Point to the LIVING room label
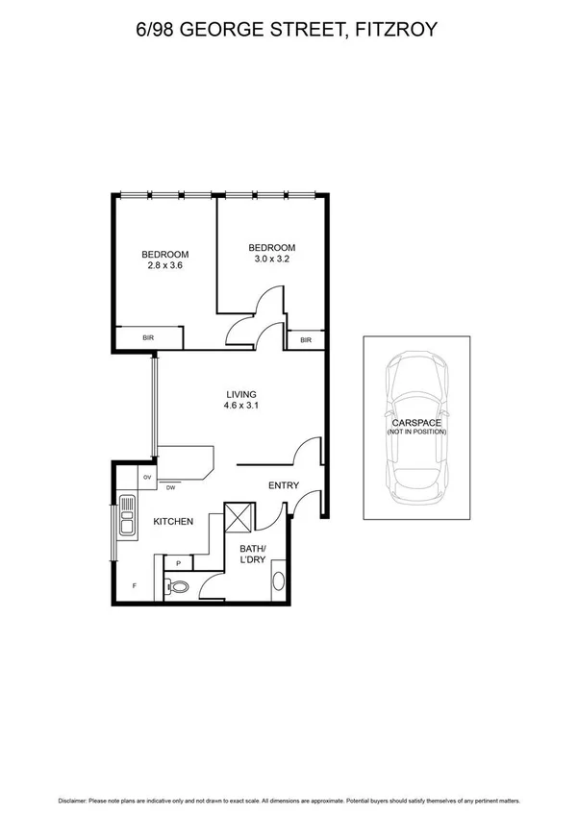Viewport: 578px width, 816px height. point(240,394)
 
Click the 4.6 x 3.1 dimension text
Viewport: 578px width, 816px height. point(240,406)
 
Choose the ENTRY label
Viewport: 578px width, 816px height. point(284,485)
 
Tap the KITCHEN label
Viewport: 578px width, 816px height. point(174,521)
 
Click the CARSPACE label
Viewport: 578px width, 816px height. point(416,423)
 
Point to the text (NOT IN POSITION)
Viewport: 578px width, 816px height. point(416,433)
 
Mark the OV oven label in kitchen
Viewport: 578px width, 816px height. point(147,478)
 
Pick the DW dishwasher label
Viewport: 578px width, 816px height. point(170,488)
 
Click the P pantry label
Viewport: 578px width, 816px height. point(178,564)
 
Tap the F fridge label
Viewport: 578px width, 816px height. point(134,584)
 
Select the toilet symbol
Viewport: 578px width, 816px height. point(178,584)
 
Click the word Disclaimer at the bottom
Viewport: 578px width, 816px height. point(76,800)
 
